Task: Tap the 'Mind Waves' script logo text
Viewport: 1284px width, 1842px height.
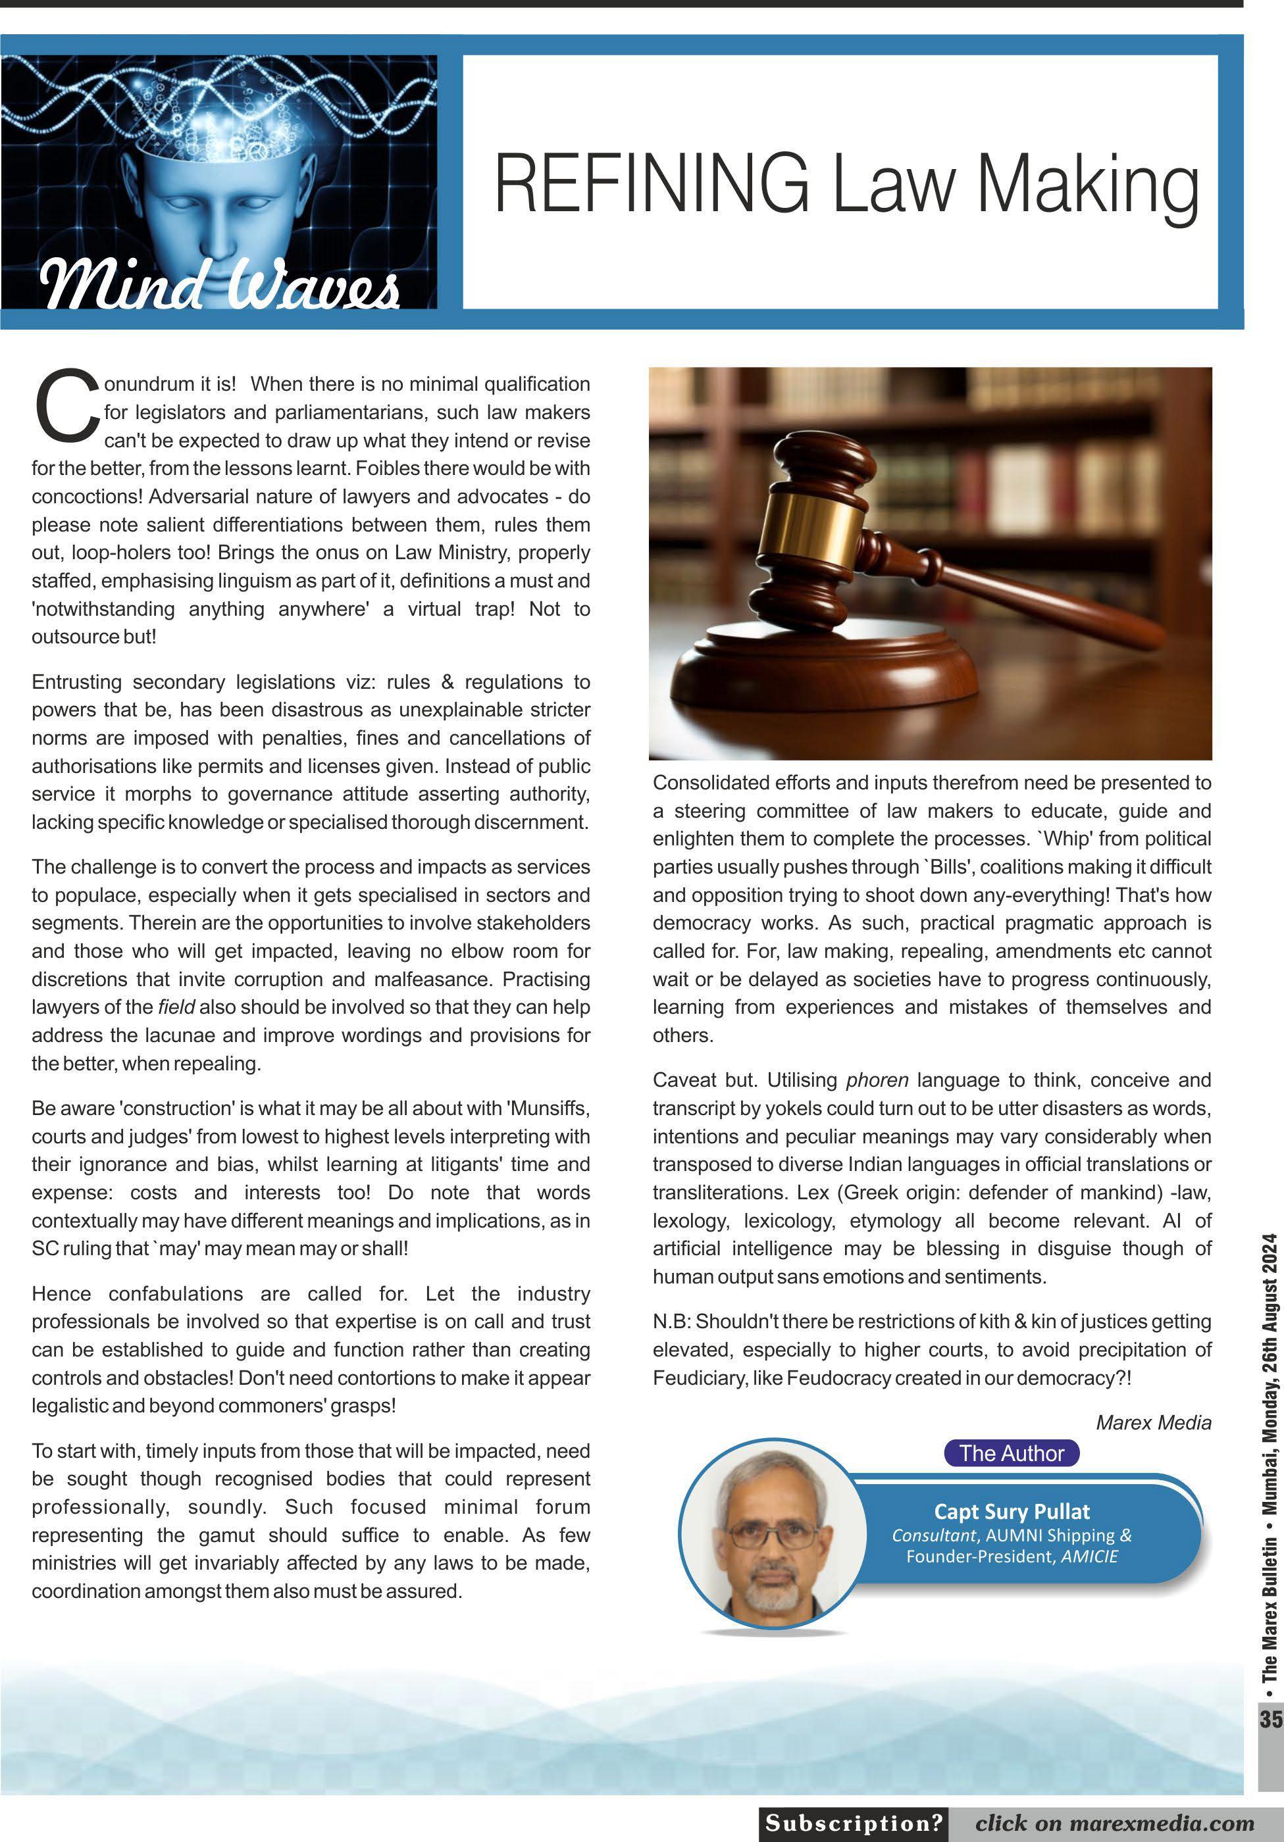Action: point(218,286)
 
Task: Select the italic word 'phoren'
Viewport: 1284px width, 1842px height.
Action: point(877,1081)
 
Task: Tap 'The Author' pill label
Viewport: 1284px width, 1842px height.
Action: point(1011,1453)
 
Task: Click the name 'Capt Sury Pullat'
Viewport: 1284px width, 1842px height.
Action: point(1011,1512)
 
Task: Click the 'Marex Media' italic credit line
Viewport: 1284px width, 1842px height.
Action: point(1153,1422)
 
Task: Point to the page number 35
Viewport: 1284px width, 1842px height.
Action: point(1270,1719)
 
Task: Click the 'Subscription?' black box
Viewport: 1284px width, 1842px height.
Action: point(853,1823)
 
